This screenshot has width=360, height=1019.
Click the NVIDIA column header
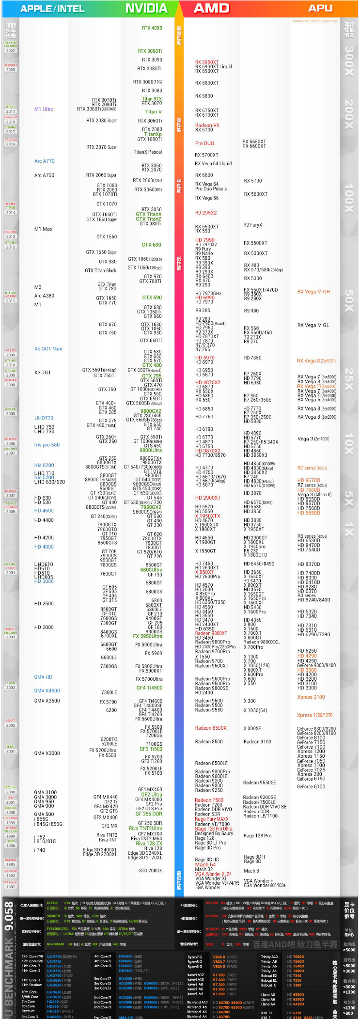pos(146,8)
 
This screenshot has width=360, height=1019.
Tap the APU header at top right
pos(320,8)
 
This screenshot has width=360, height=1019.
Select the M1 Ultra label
pos(44,109)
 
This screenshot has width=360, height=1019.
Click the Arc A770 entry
pos(45,161)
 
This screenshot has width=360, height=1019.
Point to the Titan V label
pos(154,112)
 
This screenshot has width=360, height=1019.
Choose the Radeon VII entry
pos(207,125)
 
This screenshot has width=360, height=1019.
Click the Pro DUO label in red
pos(204,143)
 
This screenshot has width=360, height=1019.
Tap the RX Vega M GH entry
pos(313,292)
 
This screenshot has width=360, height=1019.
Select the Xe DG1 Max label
pos(48,349)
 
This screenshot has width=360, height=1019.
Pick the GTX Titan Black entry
pos(101,270)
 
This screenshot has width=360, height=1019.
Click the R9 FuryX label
pos(253,225)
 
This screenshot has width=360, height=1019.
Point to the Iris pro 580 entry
pos(47,445)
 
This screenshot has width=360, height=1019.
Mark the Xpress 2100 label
pos(311,697)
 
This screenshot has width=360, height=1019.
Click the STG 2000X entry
pos(150,870)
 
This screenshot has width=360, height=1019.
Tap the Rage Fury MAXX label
pos(212,819)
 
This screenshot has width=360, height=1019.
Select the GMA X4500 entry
pos(47,690)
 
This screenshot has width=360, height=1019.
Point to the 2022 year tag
pos(11,50)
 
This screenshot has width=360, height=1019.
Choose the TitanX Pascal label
pos(148,152)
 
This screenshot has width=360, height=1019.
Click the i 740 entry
pos(40,850)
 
